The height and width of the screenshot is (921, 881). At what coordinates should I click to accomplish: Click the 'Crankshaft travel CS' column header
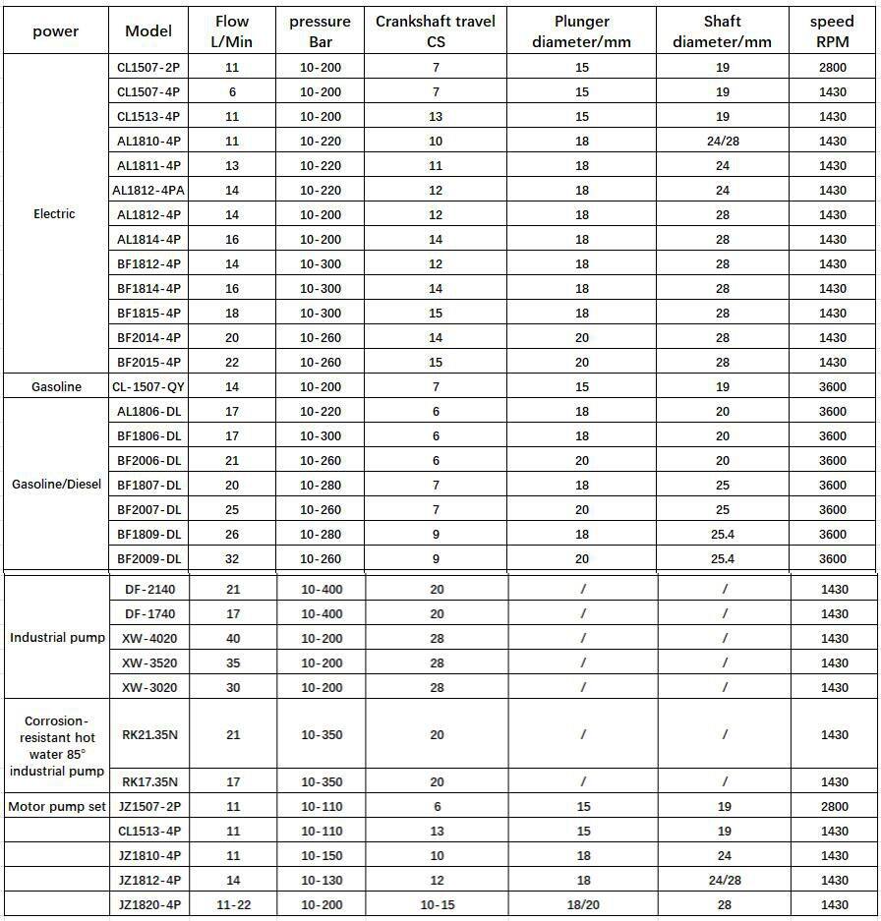pos(437,31)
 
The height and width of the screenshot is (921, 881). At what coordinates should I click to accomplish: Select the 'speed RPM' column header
pos(832,31)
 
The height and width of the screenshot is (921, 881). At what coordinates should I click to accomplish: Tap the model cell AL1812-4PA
pos(147,191)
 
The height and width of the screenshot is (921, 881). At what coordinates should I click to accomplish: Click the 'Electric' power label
pos(54,214)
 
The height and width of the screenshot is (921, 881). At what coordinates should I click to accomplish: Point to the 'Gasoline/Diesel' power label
pos(56,485)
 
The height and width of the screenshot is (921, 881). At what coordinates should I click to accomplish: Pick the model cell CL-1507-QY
pos(147,387)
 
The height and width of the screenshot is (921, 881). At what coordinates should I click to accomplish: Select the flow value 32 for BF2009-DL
pos(232,559)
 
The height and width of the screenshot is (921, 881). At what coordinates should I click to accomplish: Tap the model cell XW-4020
pos(148,639)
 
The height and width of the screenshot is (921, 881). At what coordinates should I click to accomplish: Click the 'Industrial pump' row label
pos(57,639)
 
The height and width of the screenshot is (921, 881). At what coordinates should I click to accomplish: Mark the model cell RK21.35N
pos(148,735)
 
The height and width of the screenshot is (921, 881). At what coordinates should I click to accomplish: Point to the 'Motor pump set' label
pos(57,807)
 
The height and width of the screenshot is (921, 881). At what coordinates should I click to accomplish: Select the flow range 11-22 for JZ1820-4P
pos(232,905)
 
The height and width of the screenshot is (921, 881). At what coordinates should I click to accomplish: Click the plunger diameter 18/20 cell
pos(582,905)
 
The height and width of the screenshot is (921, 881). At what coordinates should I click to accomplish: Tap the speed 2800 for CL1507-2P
pos(833,68)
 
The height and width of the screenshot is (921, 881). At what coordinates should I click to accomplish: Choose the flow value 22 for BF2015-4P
pos(232,363)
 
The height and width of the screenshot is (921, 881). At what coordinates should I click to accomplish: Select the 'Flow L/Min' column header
pos(232,31)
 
